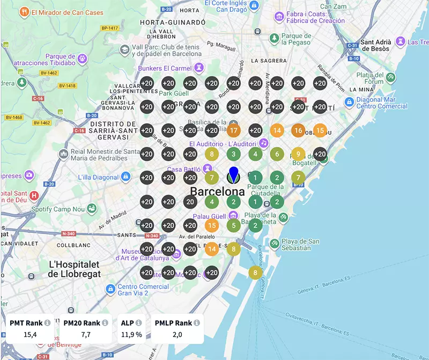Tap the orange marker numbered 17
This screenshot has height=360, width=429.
point(233,130)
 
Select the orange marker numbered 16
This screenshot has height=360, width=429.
point(298,130)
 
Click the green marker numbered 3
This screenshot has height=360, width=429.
point(233,155)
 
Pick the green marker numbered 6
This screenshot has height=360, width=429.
point(277,155)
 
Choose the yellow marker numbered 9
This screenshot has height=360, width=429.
point(298,155)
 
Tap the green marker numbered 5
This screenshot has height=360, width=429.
point(233,226)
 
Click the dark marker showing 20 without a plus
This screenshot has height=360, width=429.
point(190,202)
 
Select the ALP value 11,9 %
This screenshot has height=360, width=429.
point(131,335)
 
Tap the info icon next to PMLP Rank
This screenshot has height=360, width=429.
point(197,323)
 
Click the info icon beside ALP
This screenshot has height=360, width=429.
point(138,323)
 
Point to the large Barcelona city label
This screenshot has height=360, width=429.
point(217,192)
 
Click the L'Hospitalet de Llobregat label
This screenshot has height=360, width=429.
point(75,269)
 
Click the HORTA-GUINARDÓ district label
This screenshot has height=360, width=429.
point(173,23)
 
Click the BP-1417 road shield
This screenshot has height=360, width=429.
point(109,27)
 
